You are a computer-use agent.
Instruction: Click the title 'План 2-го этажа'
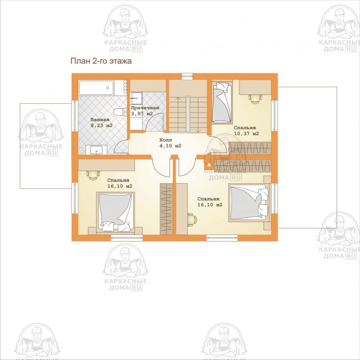pos(101,61)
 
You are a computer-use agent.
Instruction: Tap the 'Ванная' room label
pos(100,120)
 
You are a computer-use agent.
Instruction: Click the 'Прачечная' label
pos(145,108)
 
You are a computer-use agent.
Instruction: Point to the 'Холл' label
pos(165,140)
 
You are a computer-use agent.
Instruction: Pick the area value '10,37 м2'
pos(247,134)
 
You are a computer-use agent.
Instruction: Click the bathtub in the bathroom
pos(96,88)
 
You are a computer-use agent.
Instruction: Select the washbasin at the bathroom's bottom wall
pos(97,150)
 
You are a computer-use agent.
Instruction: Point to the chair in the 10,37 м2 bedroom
pos(255,99)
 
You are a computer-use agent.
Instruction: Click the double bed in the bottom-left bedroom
pos(115,212)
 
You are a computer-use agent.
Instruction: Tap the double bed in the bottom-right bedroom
pos(248,202)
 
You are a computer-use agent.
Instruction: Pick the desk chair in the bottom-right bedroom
pos(192,219)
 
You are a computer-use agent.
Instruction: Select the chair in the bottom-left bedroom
pos(93,175)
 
